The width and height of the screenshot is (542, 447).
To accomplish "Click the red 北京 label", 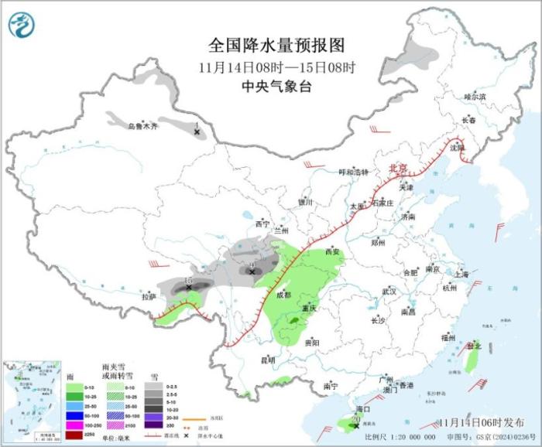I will [x=397, y=167].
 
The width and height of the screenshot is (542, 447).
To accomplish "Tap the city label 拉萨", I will [x=149, y=296].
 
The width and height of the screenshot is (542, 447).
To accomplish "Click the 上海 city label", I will [x=461, y=274].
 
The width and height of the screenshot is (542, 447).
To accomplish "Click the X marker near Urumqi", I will [x=197, y=133].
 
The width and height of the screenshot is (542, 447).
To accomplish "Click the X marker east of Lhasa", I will [x=189, y=288].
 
